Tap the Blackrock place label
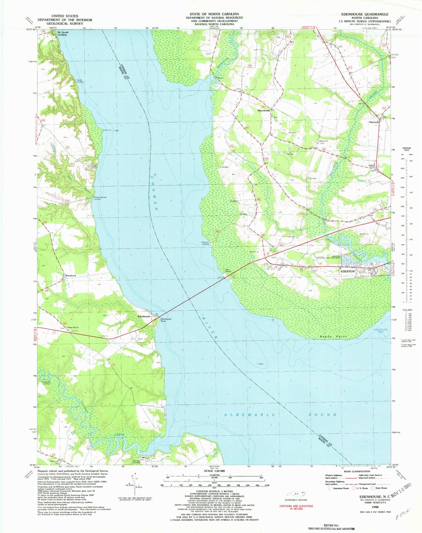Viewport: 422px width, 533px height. (x=71, y=275)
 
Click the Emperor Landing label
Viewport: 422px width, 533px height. (x=205, y=243)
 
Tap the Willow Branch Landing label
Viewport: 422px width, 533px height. (x=100, y=198)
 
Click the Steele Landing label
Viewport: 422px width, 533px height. (x=80, y=81)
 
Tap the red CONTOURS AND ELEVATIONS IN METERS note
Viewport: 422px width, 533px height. (x=296, y=507)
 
